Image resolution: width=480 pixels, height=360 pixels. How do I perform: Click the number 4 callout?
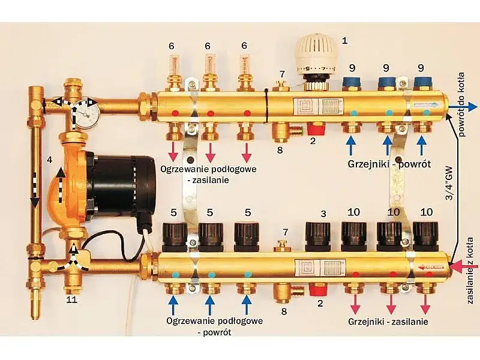50,161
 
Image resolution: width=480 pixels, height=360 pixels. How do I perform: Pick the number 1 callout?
344,41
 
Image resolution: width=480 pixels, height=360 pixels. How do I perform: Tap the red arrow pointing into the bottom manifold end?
461,265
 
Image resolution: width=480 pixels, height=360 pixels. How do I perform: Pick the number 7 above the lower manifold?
285,231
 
